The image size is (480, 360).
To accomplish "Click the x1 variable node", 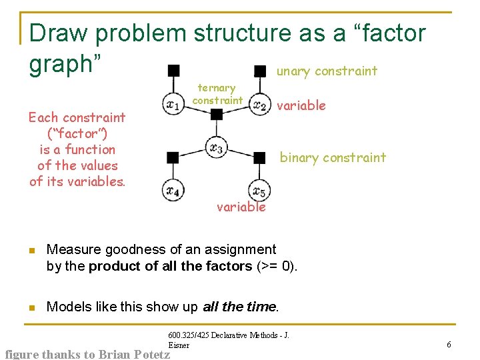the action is coord(173,104).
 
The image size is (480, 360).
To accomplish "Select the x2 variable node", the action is coord(260,105).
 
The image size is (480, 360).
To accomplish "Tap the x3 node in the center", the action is coord(216,147).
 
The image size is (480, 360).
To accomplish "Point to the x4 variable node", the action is coord(173,191).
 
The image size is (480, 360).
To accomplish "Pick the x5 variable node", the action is coord(259,191).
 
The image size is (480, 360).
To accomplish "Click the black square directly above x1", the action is coord(173,69).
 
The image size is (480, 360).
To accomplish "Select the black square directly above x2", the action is coord(260,70).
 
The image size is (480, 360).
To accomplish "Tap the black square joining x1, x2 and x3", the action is coord(216,114).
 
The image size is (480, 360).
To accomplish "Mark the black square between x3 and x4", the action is coord(173,157).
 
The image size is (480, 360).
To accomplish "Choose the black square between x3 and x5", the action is coord(259,157).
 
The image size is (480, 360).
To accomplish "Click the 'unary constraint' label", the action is coord(327,71).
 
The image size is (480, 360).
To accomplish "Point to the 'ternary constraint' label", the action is coord(217,94).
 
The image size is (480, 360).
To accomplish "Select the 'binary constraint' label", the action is coord(333,157).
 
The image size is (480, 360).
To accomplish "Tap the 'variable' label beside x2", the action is coord(301,105).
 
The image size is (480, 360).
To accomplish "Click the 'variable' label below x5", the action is coord(241,207).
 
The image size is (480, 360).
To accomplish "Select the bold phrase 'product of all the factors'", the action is coord(170,266).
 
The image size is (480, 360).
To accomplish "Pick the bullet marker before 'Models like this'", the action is coord(30,307).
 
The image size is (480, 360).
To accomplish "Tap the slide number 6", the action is coord(449,344).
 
